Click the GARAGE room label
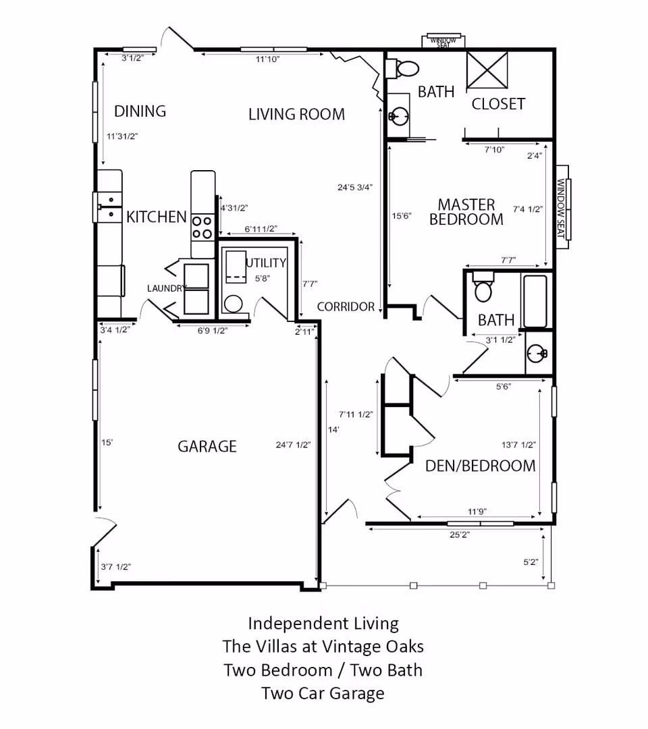[x=207, y=446]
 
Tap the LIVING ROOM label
[x=296, y=114]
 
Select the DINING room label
[x=140, y=111]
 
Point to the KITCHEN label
[x=157, y=217]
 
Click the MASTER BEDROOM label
[x=466, y=212]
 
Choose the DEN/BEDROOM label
[x=480, y=466]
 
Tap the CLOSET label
[x=498, y=104]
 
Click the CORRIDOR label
[x=346, y=306]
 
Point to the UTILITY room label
[x=266, y=263]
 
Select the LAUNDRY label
[x=167, y=288]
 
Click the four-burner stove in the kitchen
[x=202, y=227]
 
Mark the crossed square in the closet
[x=487, y=70]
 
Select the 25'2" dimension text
[x=459, y=534]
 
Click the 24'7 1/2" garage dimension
[x=293, y=445]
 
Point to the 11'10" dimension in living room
[x=267, y=59]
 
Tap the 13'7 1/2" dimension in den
[x=518, y=445]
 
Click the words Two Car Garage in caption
[x=323, y=693]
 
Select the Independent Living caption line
[x=323, y=623]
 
